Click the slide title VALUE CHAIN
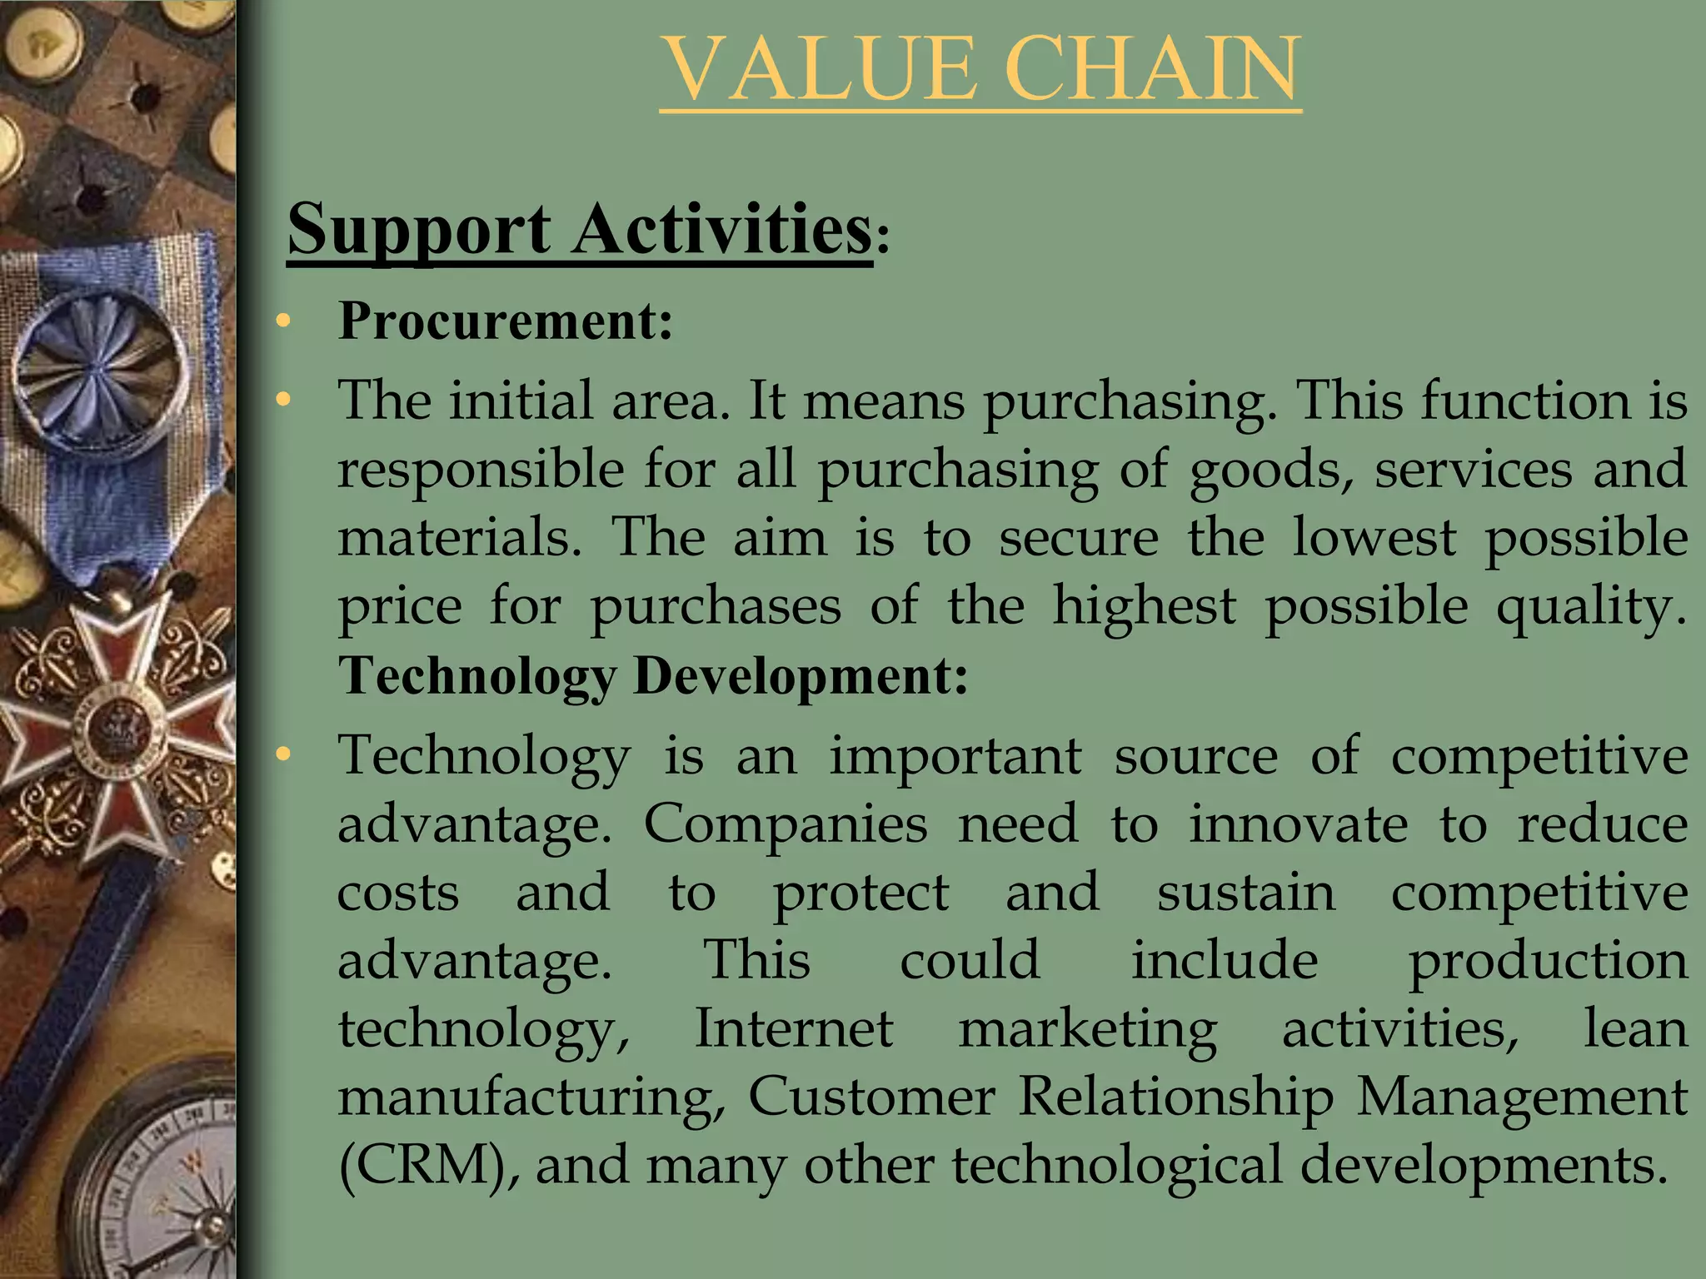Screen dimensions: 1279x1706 [980, 70]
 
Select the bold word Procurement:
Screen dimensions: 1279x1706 [506, 321]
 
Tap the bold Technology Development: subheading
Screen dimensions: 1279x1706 [653, 675]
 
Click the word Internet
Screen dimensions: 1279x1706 [793, 1028]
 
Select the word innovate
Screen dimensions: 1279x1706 [1298, 824]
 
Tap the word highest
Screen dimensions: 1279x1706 [1144, 605]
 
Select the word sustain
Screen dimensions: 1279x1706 [1245, 893]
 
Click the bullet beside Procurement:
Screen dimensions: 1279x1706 [283, 321]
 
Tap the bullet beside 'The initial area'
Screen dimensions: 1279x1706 [283, 401]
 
